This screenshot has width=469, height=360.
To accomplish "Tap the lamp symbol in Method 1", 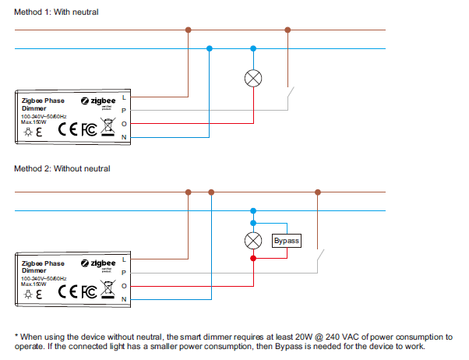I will (x=252, y=78).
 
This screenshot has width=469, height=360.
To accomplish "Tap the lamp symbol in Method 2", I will (x=252, y=240).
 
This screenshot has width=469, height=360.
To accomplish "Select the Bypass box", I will (x=286, y=241).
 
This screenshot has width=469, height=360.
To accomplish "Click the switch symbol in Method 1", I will (x=292, y=98).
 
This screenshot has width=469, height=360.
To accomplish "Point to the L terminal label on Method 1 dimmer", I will (x=124, y=97).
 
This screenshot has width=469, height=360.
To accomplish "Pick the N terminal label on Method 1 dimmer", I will (x=124, y=137).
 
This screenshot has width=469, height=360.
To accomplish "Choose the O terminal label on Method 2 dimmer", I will (x=124, y=286).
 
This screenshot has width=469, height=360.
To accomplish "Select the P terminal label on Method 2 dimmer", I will (x=124, y=273).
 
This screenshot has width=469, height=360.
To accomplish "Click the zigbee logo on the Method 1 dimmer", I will (x=98, y=101).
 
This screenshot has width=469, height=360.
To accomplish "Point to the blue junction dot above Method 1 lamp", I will (x=252, y=48).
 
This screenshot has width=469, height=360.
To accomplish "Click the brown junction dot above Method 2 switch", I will (x=316, y=192).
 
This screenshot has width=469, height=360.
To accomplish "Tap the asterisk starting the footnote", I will (x=16, y=337).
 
